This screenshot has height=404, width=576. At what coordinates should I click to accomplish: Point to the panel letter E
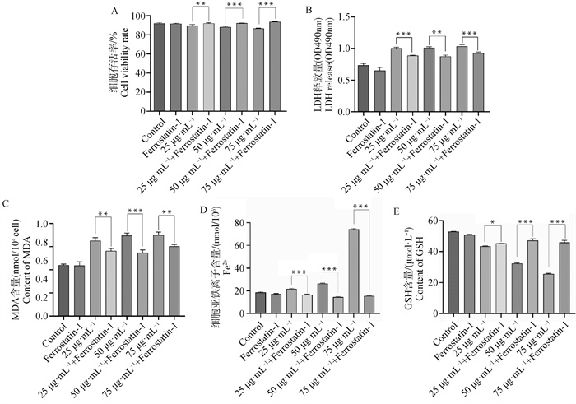pyautogui.click(x=398, y=211)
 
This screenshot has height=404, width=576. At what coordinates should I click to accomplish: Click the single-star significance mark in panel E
pyautogui.click(x=492, y=223)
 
